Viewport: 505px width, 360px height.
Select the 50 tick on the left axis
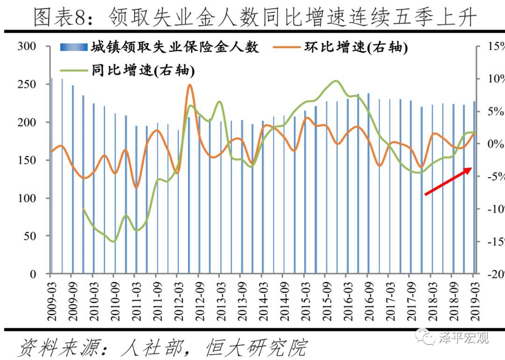coord(29,236)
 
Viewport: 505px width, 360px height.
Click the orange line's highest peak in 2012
coord(189,85)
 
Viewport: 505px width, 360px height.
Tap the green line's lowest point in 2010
coord(113,241)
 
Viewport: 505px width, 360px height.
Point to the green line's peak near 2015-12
coord(335,81)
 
